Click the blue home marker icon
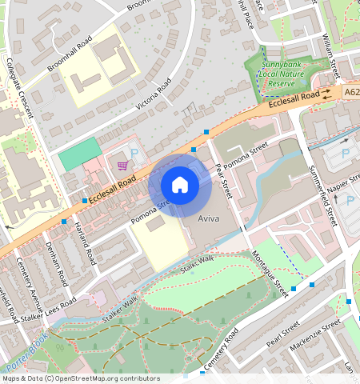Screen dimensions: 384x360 [x=180, y=186]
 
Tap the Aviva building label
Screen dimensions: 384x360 [x=208, y=218]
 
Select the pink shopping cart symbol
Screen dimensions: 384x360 [x=122, y=166]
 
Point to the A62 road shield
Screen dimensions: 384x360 [x=353, y=93]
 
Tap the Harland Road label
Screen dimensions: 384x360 [x=82, y=240]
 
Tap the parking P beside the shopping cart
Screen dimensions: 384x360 [x=134, y=153]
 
